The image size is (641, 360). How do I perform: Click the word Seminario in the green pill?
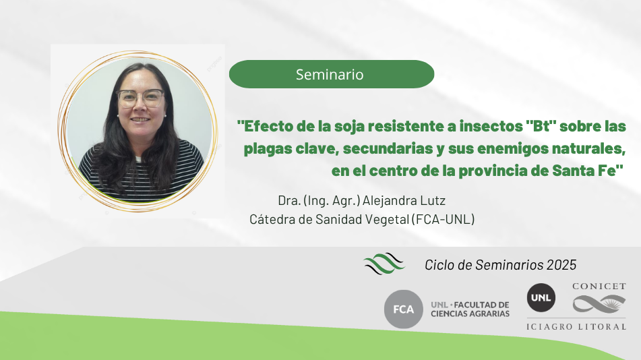pyautogui.click(x=330, y=74)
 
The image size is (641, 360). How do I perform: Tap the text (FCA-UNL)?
pyautogui.click(x=443, y=219)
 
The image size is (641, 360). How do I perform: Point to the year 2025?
pyautogui.click(x=561, y=265)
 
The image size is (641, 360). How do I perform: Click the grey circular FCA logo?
pyautogui.click(x=404, y=309)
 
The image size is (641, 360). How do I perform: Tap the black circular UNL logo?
pyautogui.click(x=541, y=298)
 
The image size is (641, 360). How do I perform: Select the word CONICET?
pyautogui.click(x=599, y=287)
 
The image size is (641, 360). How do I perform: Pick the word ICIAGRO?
pyautogui.click(x=549, y=326)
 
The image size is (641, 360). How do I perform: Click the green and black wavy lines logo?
pyautogui.click(x=384, y=264)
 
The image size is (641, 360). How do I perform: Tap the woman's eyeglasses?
pyautogui.click(x=141, y=98)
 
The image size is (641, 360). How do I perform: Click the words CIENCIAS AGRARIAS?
pyautogui.click(x=470, y=313)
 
